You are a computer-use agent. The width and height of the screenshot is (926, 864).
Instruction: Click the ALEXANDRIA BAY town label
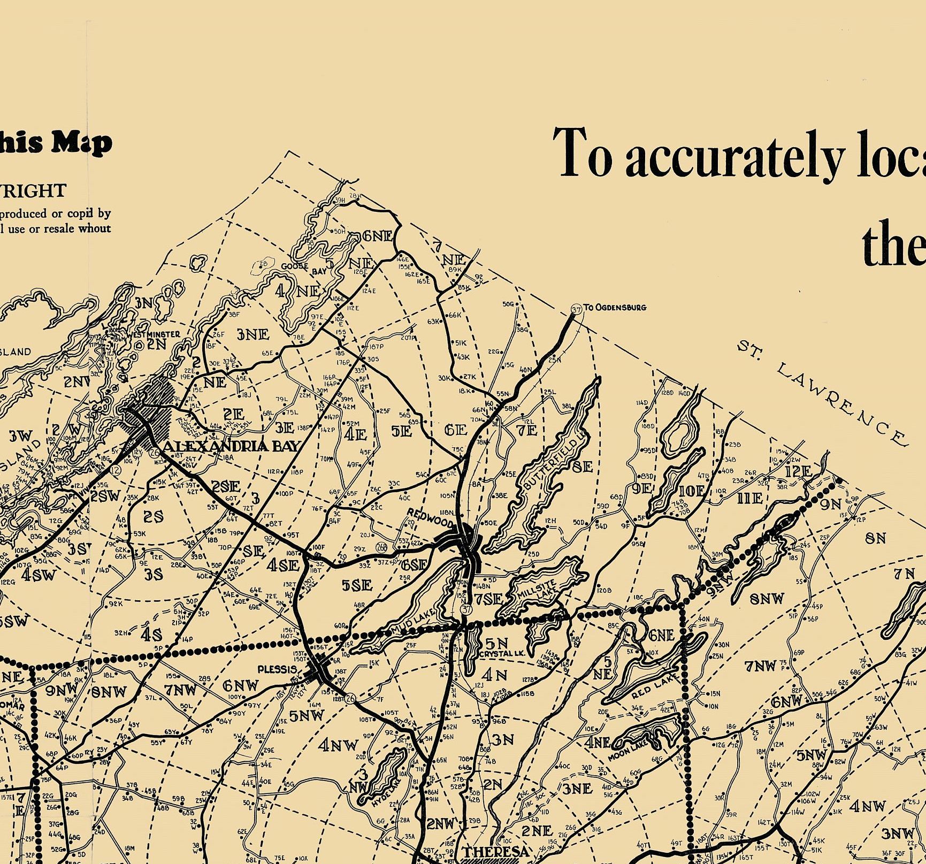click(x=231, y=446)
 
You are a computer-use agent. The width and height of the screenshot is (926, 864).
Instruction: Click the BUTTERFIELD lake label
click(x=554, y=463)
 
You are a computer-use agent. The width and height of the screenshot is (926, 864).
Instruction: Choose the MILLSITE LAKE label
click(x=538, y=592)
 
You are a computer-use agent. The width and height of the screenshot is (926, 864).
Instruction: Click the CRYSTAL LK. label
click(x=502, y=654)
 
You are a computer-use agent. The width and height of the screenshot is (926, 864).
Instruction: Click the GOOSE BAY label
click(x=304, y=268)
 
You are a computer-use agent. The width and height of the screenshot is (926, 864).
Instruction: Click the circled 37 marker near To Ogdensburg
click(x=576, y=310)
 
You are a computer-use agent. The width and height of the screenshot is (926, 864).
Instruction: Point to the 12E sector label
click(x=799, y=472)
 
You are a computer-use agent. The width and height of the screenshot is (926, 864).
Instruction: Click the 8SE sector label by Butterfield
click(x=582, y=467)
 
